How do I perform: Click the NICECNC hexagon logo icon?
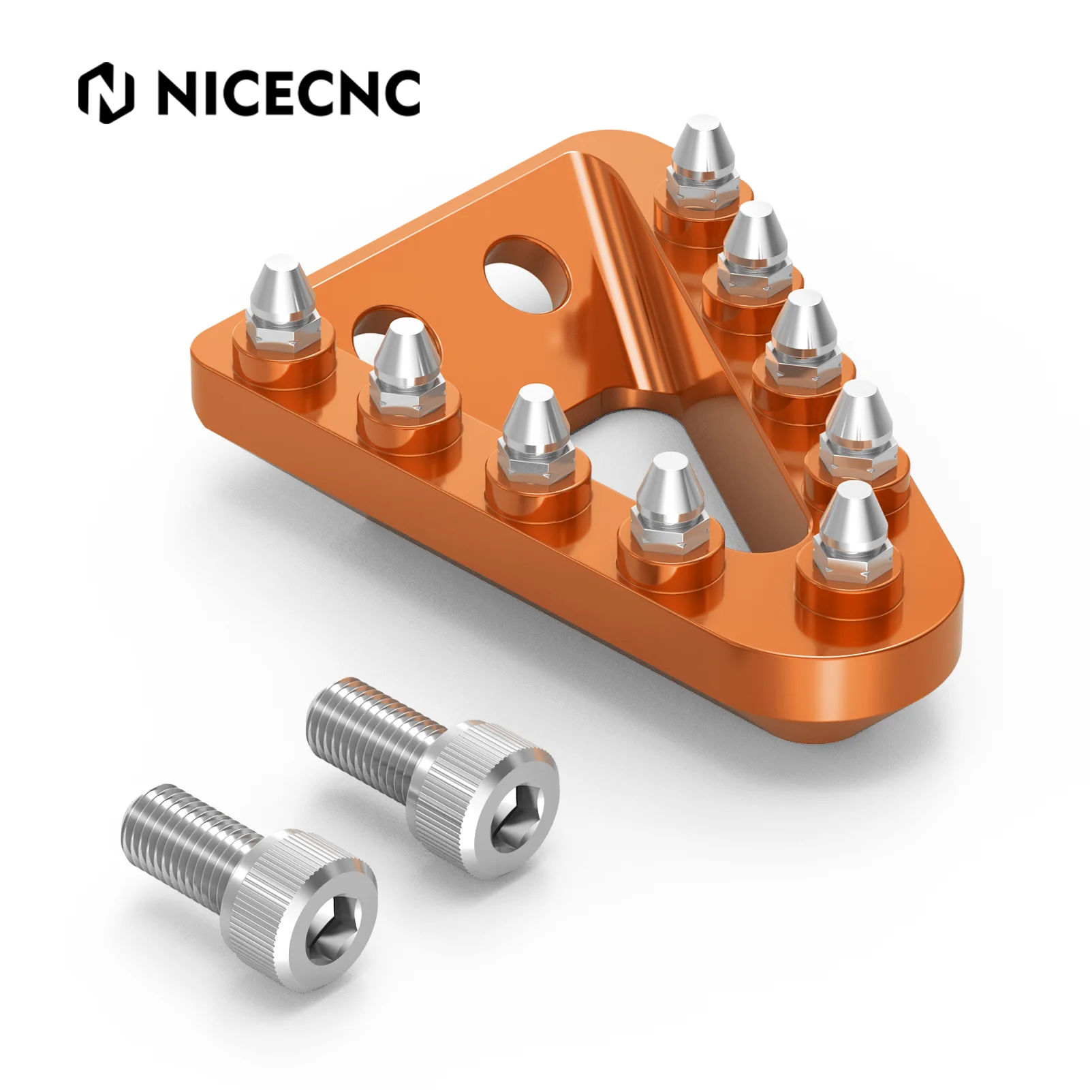tap(106, 93)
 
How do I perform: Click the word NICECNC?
tap(288, 93)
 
